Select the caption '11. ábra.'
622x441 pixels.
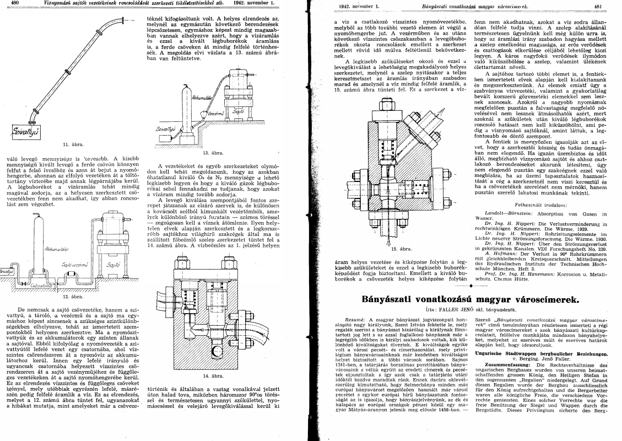73,145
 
